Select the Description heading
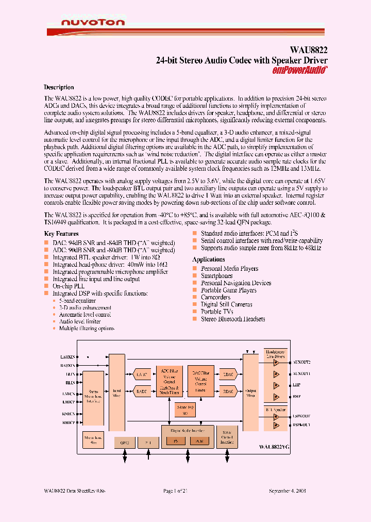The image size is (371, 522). [59, 87]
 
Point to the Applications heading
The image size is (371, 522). [208, 259]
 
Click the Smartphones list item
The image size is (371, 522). [216, 276]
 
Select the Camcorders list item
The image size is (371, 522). [215, 298]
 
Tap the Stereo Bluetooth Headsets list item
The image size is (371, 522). [233, 319]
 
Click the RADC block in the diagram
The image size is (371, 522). [141, 391]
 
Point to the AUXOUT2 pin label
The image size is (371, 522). [301, 362]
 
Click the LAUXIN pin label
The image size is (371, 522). [68, 356]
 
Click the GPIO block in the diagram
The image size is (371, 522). [124, 442]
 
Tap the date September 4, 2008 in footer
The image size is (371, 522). [288, 491]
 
